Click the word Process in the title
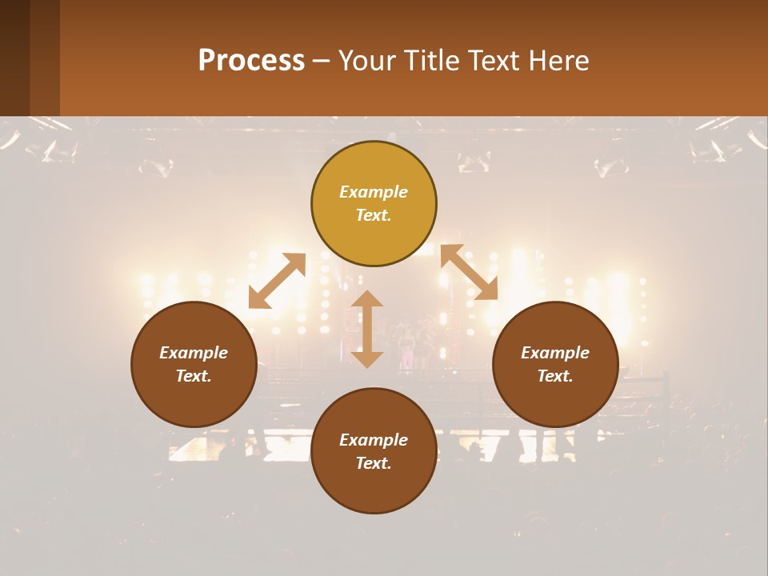[x=251, y=61]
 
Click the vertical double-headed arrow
[x=367, y=329]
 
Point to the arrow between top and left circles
[x=277, y=281]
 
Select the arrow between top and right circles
[x=469, y=272]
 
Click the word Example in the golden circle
[x=374, y=192]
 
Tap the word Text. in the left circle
[x=194, y=376]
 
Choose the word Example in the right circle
[x=555, y=353]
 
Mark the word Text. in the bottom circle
[x=374, y=463]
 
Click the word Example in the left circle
[x=194, y=353]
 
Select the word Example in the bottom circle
[x=374, y=440]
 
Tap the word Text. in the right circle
[x=555, y=376]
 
